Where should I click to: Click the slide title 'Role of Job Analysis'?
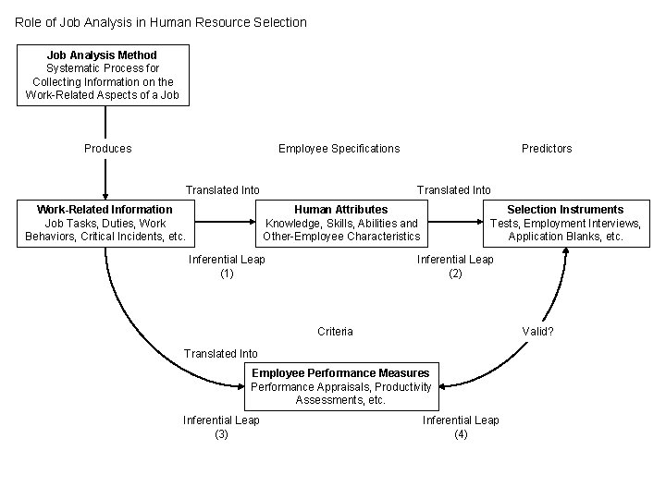(x=161, y=21)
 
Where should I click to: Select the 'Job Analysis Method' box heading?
(x=102, y=55)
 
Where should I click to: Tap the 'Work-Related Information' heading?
(x=105, y=210)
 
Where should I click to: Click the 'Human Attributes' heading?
(x=341, y=210)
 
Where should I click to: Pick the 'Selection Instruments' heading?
(x=565, y=210)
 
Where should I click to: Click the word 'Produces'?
(x=108, y=149)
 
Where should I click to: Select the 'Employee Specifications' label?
(x=339, y=149)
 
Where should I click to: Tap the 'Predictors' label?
(x=547, y=149)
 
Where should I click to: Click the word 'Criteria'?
(x=335, y=332)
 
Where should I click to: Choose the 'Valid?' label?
(x=538, y=332)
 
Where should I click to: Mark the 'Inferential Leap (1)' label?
(x=227, y=266)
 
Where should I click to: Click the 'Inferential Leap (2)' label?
(x=455, y=266)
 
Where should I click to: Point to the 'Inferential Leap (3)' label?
(x=221, y=427)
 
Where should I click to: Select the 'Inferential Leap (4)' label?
(x=461, y=427)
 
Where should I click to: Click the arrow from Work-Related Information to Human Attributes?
(x=228, y=222)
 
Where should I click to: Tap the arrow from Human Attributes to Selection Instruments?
(x=458, y=222)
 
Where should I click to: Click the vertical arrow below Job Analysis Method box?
(x=105, y=152)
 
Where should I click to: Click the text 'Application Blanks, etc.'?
(x=565, y=237)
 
